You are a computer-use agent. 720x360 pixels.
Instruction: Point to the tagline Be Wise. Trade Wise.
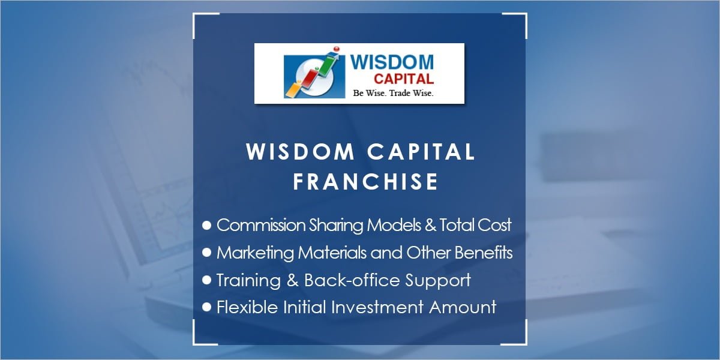[393, 93]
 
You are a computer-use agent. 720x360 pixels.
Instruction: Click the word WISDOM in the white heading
[299, 152]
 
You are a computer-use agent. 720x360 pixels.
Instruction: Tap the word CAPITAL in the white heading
[419, 152]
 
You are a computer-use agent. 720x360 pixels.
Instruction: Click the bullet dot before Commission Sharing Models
[207, 225]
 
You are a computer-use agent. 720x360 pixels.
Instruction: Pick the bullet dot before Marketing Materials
[207, 253]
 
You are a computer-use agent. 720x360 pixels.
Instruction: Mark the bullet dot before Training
[207, 280]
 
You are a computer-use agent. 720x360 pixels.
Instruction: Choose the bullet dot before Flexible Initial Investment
[207, 307]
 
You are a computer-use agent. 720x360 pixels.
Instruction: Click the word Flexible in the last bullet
[242, 307]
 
